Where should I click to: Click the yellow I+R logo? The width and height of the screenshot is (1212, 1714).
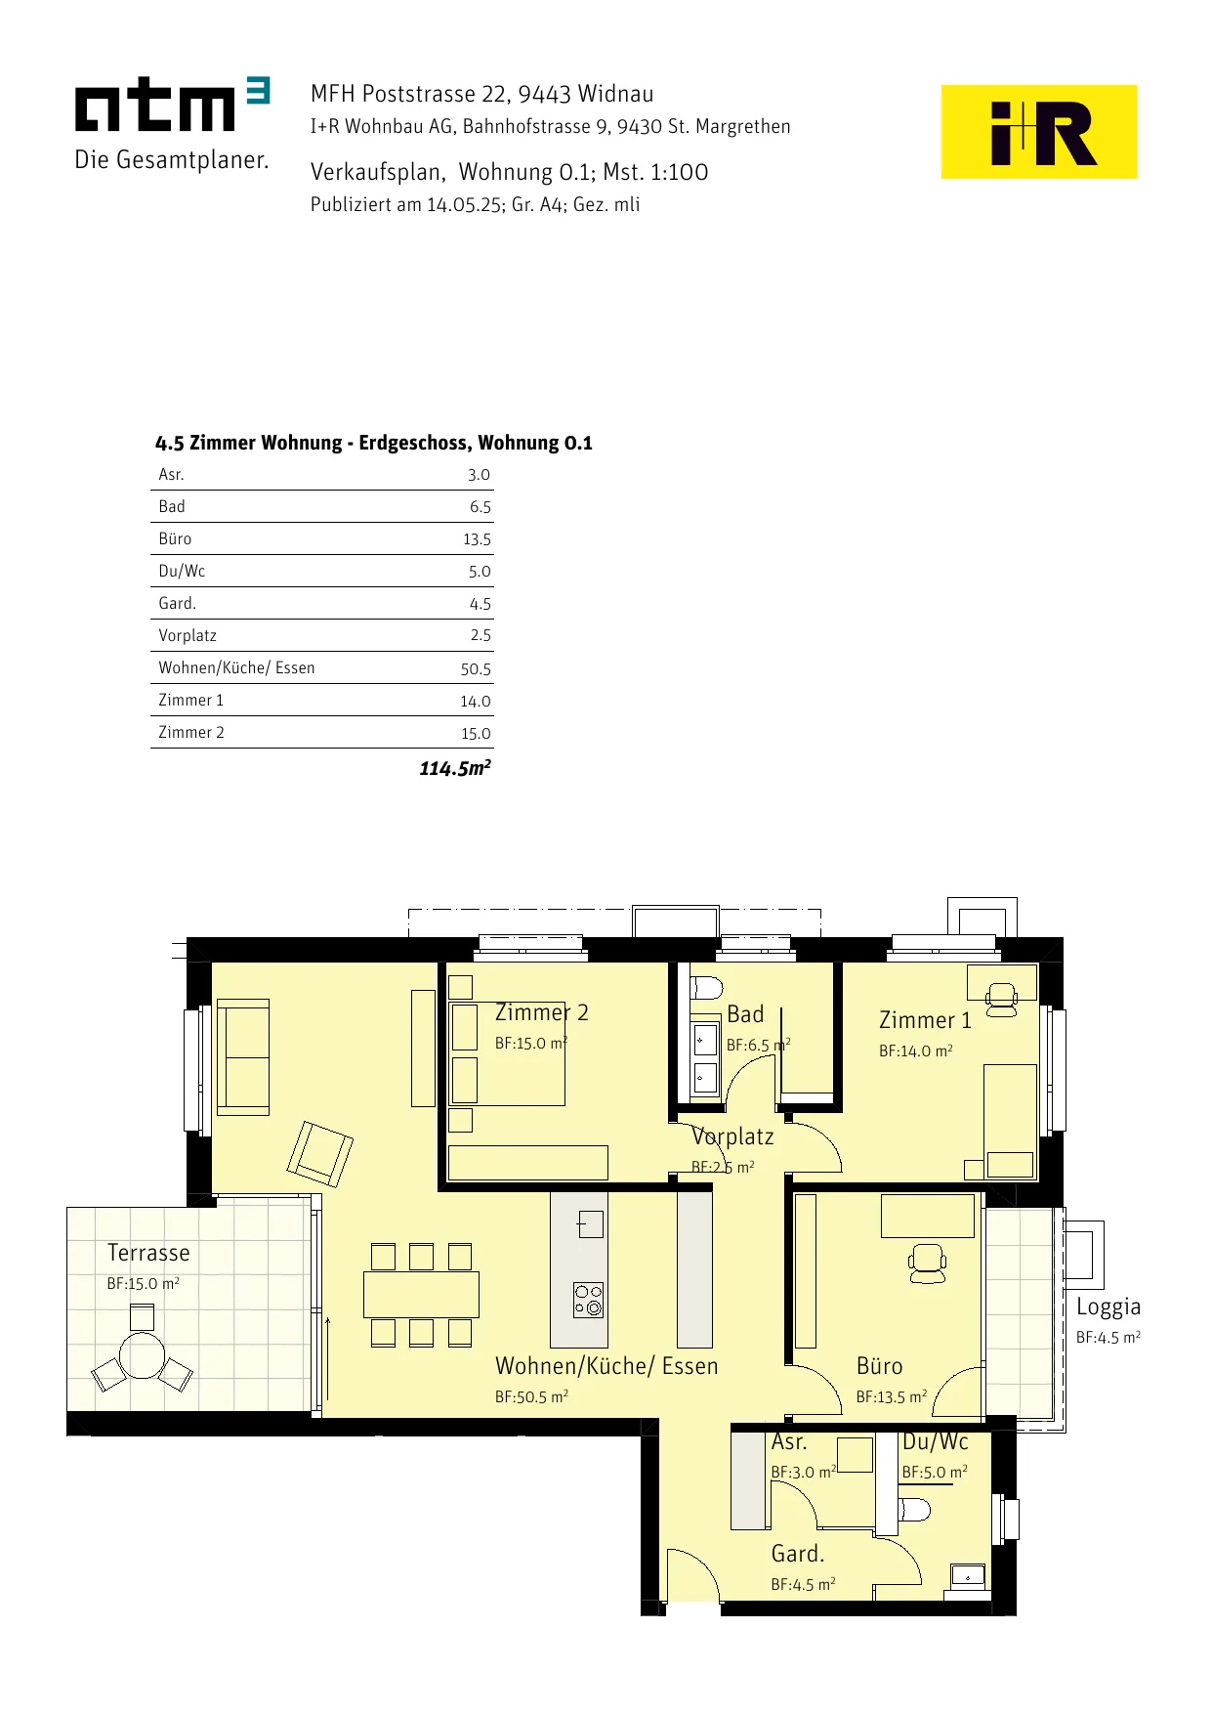tap(1038, 132)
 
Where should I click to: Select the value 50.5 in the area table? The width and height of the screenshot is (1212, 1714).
tap(476, 669)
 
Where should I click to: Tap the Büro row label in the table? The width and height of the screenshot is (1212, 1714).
tap(175, 538)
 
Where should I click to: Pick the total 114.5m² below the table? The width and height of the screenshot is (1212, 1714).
tap(455, 768)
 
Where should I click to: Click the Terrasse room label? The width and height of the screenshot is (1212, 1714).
tap(148, 1253)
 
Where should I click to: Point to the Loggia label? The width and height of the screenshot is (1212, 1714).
tap(1108, 1307)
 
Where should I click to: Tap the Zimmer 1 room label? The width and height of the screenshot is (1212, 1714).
tap(925, 1020)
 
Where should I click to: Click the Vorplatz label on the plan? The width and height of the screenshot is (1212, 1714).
tap(732, 1136)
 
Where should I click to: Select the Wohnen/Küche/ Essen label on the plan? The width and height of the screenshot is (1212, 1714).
tap(606, 1366)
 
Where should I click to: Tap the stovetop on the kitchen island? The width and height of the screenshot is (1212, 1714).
tap(588, 1300)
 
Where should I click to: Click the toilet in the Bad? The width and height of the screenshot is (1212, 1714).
tap(706, 987)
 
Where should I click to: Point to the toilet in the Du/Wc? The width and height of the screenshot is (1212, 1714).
tap(914, 1510)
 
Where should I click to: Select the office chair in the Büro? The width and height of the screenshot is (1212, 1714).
tap(928, 1264)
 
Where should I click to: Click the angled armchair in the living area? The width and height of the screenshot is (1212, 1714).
tap(319, 1154)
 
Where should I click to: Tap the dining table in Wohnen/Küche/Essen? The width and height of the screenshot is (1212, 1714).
tap(421, 1295)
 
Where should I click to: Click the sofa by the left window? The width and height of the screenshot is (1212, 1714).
tap(242, 1057)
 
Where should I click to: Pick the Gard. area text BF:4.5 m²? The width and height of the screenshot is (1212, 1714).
tap(803, 1584)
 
